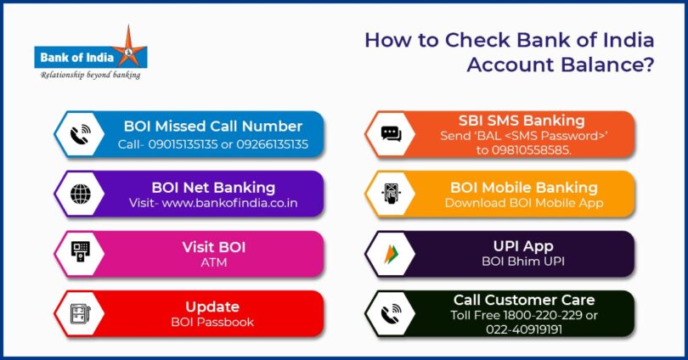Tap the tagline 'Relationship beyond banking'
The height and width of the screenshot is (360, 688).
91,75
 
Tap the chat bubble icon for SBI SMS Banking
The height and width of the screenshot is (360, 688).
391,134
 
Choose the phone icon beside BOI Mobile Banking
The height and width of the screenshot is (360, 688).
391,194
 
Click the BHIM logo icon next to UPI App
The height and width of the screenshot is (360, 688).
391,253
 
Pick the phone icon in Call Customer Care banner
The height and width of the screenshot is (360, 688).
391,312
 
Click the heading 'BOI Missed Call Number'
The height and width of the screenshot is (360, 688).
212,127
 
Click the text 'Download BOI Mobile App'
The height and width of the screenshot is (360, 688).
523,204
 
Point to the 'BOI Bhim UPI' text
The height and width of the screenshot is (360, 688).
523,262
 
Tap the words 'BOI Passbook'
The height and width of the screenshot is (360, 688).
212,322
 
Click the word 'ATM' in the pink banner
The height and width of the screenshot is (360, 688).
212,263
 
